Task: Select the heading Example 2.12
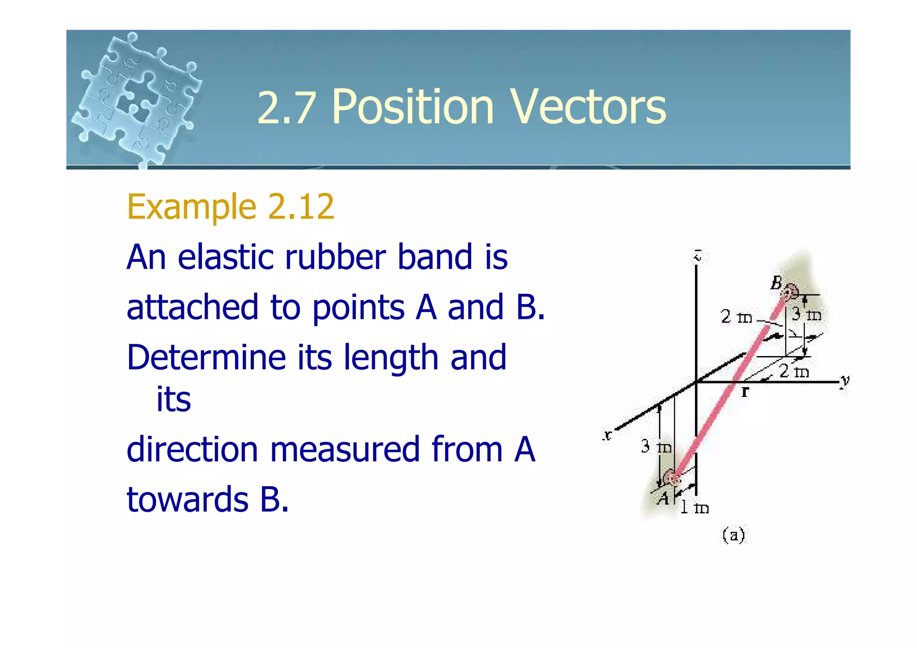click(x=231, y=207)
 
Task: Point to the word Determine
click(x=206, y=358)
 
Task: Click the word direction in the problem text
click(x=192, y=450)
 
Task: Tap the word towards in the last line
click(x=188, y=500)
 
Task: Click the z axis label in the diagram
click(x=697, y=256)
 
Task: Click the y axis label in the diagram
click(x=844, y=381)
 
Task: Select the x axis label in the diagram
click(x=607, y=435)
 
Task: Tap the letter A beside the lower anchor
click(x=663, y=498)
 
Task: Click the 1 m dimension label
click(x=694, y=508)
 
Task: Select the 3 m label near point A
click(x=656, y=446)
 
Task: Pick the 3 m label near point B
click(x=806, y=315)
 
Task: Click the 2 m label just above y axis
click(x=794, y=371)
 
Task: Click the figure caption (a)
click(x=733, y=535)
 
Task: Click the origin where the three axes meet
click(x=696, y=382)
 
